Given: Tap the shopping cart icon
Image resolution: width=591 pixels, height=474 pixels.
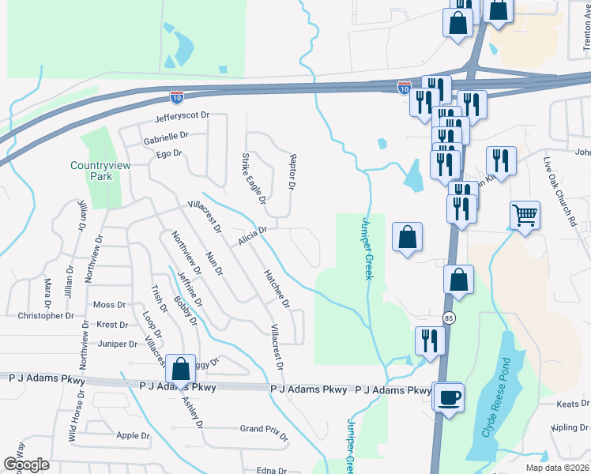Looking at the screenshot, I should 525,215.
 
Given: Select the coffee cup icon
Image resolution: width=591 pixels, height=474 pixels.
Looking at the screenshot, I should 450,397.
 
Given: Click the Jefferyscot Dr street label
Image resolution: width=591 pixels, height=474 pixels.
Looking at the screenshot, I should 182,115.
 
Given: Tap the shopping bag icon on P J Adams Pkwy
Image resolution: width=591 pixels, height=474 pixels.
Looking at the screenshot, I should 180,368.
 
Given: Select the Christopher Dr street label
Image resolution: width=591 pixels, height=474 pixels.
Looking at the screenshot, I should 46,316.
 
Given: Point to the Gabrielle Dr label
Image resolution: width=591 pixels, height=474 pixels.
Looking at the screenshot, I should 166,135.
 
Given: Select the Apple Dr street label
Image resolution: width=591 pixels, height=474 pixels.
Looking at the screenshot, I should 133,435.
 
